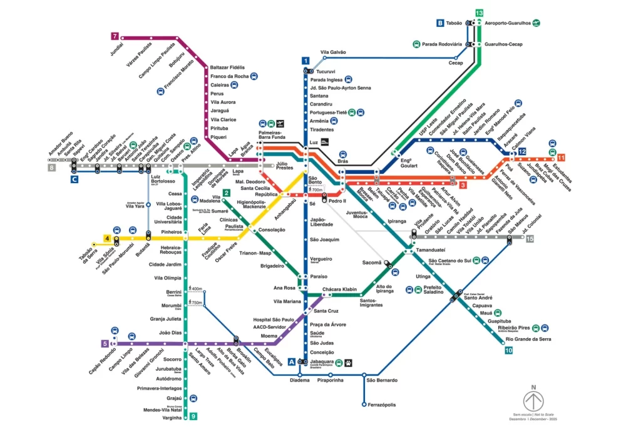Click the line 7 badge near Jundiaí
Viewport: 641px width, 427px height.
pos(115,36)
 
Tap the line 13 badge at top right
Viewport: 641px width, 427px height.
pos(479,13)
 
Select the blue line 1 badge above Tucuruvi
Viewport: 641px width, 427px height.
pos(305,61)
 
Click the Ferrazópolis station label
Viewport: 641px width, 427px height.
pos(382,404)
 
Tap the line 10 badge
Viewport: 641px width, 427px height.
pos(508,350)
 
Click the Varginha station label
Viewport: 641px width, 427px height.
pos(172,418)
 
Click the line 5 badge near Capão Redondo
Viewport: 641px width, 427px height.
pos(105,343)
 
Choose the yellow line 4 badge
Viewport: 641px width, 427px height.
pos(108,239)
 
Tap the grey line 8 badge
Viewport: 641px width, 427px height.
pos(51,167)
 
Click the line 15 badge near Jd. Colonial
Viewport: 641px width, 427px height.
pos(530,239)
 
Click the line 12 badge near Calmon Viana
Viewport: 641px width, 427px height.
pos(521,151)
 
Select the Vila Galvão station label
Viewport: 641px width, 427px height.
pos(333,53)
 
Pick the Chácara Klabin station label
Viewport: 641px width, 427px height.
pos(339,289)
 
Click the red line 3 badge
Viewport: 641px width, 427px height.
pos(463,184)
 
